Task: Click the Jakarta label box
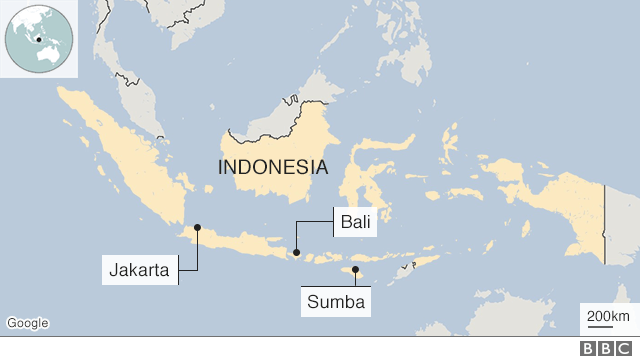click(141, 270)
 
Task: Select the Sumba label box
click(337, 301)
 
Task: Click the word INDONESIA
click(273, 167)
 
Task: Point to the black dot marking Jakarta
click(197, 227)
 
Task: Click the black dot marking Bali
click(296, 252)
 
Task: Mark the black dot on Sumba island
click(356, 269)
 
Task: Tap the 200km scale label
click(607, 317)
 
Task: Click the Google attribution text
click(27, 323)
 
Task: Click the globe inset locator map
click(38, 39)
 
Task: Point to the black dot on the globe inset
click(38, 41)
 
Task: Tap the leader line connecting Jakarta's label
click(197, 255)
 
